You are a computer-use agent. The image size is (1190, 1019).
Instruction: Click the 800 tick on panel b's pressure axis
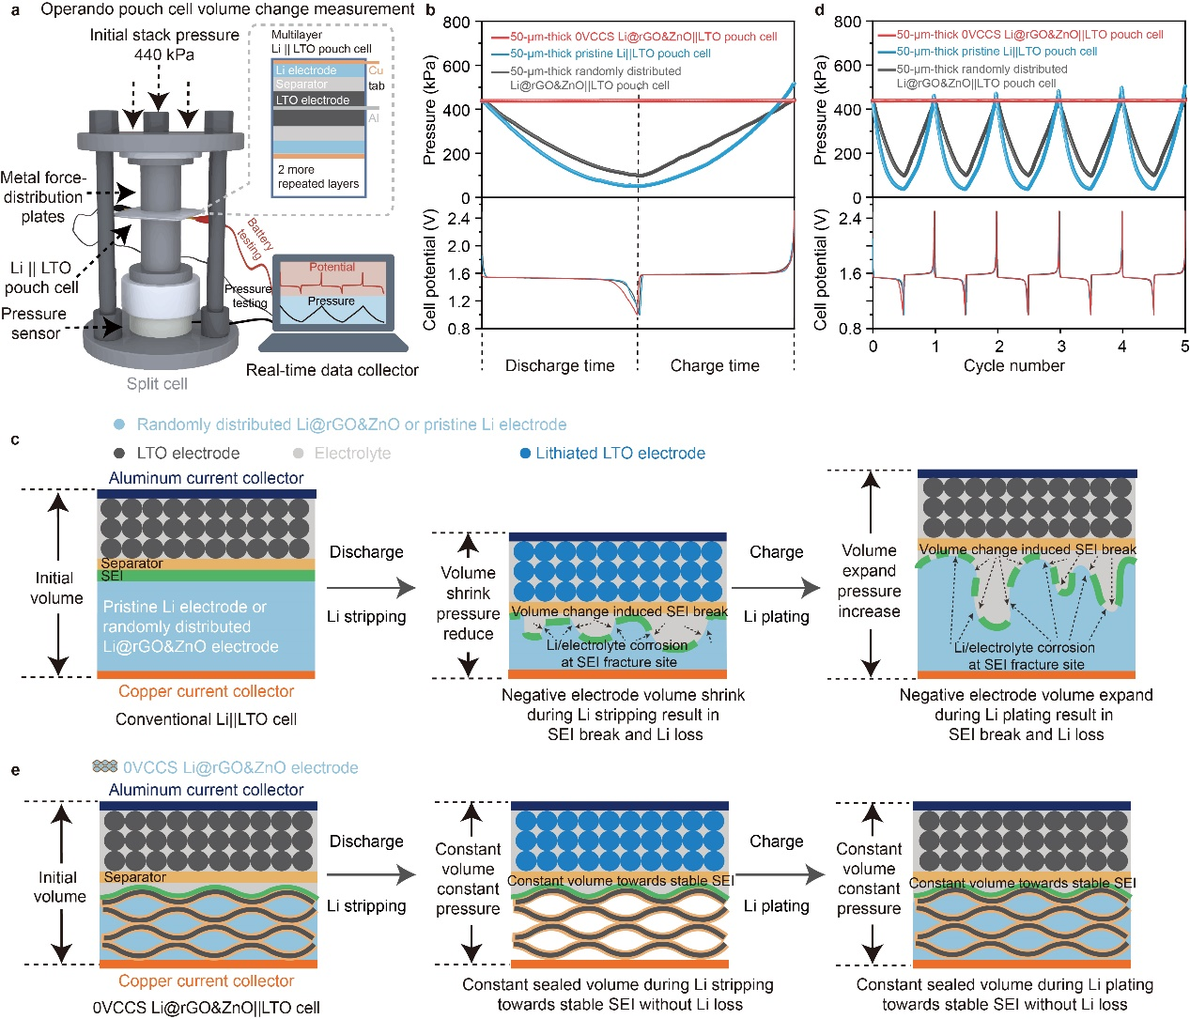point(456,23)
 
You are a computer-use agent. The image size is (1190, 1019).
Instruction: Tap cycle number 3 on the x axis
point(1061,347)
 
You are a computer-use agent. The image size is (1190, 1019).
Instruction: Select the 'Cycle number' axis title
point(1013,366)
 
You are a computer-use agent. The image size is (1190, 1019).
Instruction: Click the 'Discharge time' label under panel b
point(560,366)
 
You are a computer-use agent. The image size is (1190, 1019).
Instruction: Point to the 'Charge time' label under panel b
point(715,366)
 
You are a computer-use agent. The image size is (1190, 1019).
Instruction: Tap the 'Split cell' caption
point(157,384)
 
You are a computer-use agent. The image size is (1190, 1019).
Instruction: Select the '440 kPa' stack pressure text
point(164,54)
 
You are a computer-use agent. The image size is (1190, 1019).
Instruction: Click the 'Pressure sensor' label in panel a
point(35,323)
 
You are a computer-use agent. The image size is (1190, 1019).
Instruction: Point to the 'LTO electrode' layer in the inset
point(313,100)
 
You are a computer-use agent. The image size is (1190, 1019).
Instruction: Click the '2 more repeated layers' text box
point(317,177)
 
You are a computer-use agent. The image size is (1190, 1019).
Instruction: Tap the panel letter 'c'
point(15,440)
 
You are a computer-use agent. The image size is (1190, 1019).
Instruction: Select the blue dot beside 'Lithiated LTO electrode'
point(526,454)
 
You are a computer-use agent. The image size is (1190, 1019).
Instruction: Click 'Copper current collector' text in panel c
point(206,692)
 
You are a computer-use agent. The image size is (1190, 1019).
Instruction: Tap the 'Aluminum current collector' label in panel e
point(206,791)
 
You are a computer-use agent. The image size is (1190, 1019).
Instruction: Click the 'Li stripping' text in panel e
point(366,906)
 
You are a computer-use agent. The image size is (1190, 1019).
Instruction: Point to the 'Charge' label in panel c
point(776,552)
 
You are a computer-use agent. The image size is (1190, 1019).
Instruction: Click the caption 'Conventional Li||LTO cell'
point(206,719)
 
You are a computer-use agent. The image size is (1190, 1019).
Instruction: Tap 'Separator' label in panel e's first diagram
point(135,877)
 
